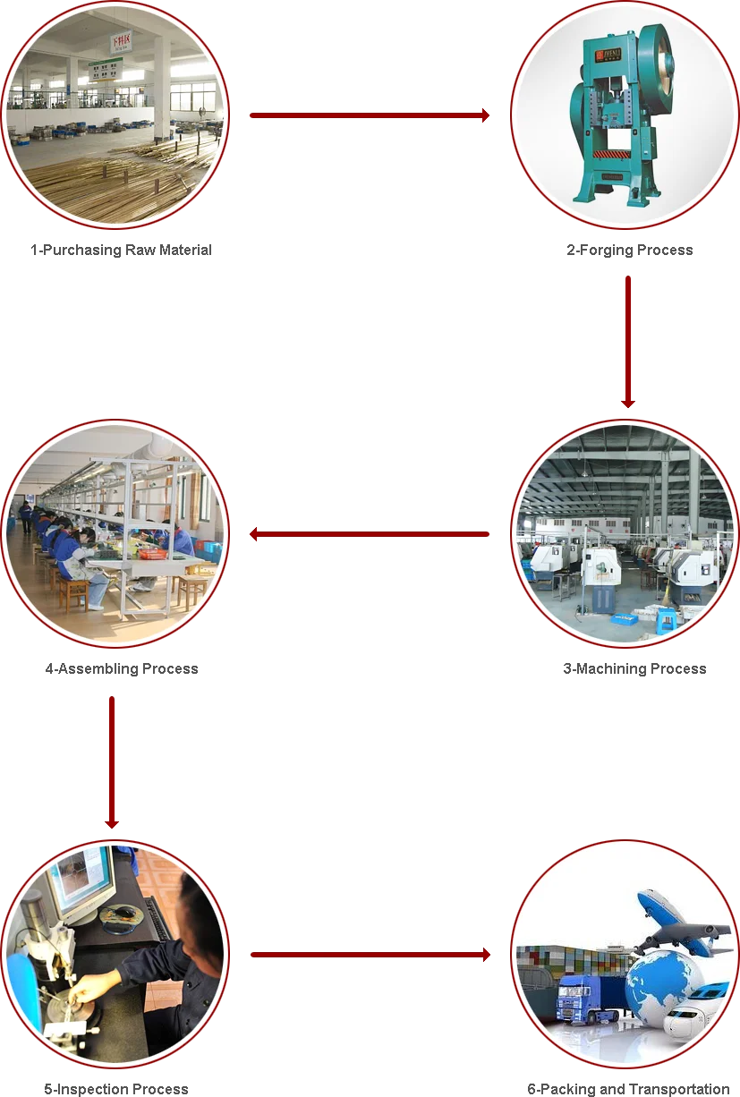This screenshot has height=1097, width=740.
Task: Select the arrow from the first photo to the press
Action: pyautogui.click(x=368, y=115)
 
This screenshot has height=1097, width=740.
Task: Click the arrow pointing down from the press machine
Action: pyautogui.click(x=629, y=341)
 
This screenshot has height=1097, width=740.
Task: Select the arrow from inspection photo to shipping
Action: pyautogui.click(x=371, y=955)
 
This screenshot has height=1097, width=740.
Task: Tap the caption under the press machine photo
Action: pyautogui.click(x=629, y=251)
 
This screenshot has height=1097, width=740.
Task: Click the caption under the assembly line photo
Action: pyautogui.click(x=121, y=670)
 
